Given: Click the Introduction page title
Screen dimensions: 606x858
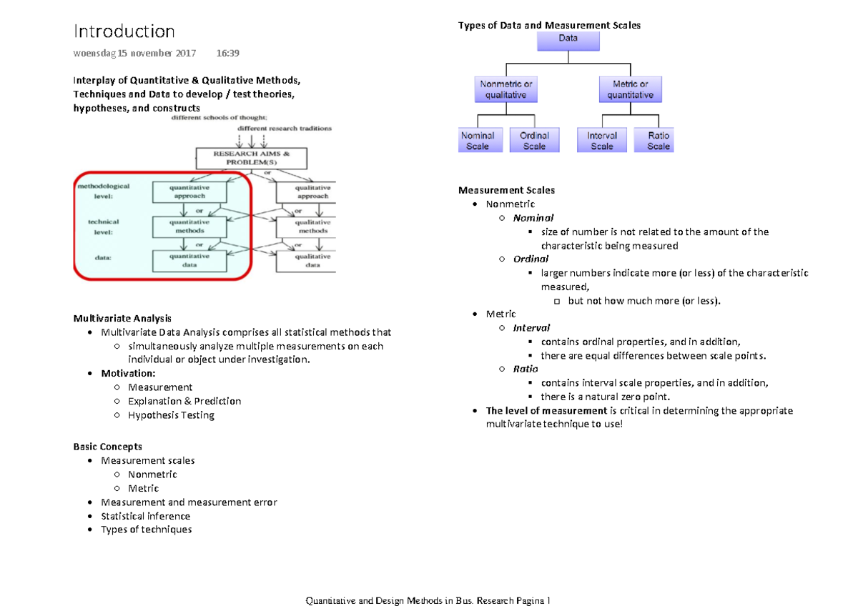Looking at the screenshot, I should pyautogui.click(x=124, y=31).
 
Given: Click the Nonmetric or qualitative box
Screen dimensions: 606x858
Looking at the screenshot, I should pyautogui.click(x=506, y=89).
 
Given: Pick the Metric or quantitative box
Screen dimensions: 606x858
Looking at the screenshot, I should pyautogui.click(x=630, y=89).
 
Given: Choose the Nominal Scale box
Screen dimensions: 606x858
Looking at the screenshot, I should pyautogui.click(x=478, y=141).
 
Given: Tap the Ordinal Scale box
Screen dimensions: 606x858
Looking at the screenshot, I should pyautogui.click(x=534, y=141).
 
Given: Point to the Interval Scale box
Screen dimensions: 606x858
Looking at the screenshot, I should pyautogui.click(x=602, y=141).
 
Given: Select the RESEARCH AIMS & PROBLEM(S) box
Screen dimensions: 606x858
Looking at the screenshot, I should pyautogui.click(x=252, y=158).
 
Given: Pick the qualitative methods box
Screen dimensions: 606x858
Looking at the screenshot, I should pyautogui.click(x=313, y=227).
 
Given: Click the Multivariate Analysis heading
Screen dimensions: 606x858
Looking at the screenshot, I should pyautogui.click(x=122, y=319).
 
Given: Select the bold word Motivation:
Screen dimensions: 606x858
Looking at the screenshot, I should pyautogui.click(x=128, y=374).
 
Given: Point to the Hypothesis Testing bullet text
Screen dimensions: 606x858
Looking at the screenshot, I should pyautogui.click(x=171, y=415).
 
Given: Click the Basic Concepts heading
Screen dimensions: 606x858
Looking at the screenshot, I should pyautogui.click(x=108, y=447).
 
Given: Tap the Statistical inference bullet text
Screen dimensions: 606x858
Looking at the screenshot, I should pyautogui.click(x=146, y=516).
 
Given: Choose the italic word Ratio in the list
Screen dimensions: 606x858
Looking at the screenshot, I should pyautogui.click(x=526, y=369).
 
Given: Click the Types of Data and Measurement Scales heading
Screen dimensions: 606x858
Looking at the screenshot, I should pyautogui.click(x=549, y=25).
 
